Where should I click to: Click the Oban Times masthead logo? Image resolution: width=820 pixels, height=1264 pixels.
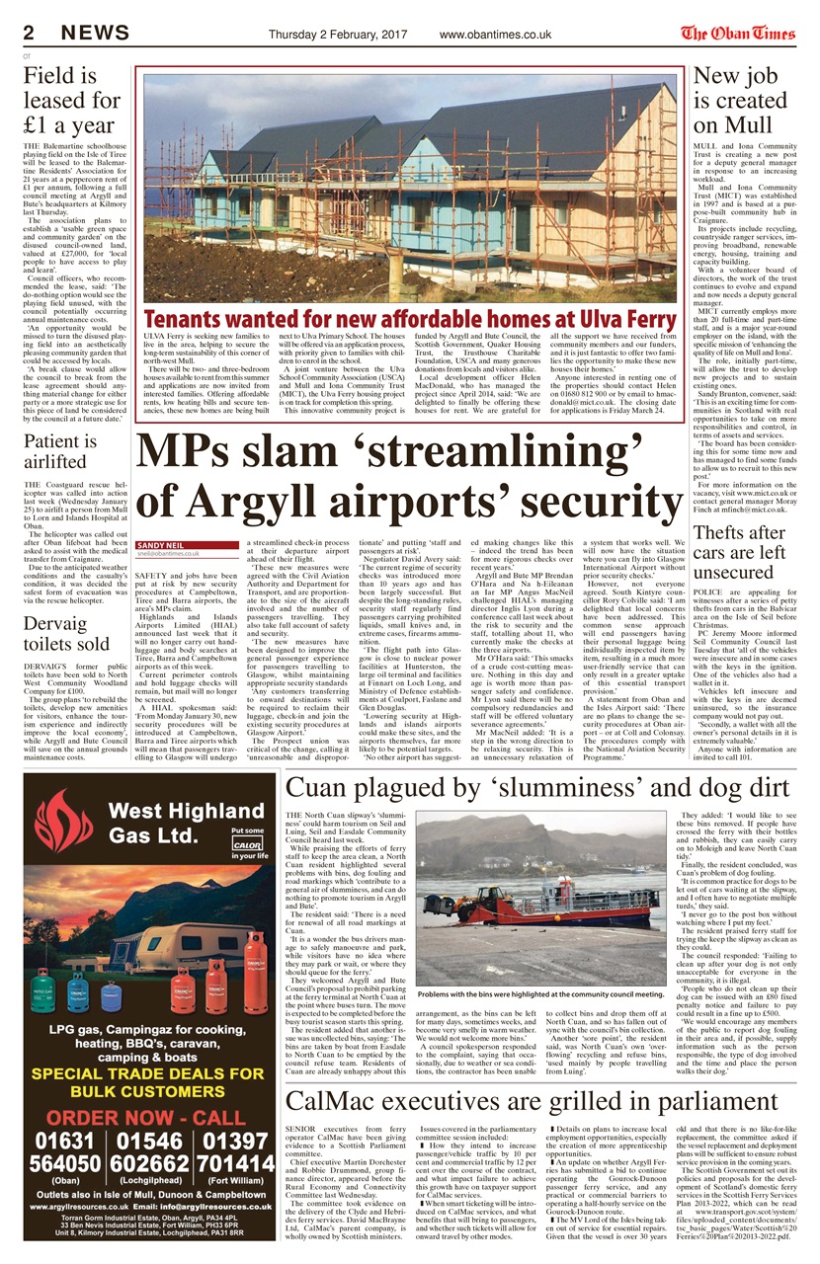(738, 33)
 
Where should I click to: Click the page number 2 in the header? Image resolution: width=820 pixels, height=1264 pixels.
(30, 33)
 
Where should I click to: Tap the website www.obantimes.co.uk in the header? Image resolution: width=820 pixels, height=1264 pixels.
(495, 35)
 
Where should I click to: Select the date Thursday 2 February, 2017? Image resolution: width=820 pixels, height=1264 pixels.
(338, 35)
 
